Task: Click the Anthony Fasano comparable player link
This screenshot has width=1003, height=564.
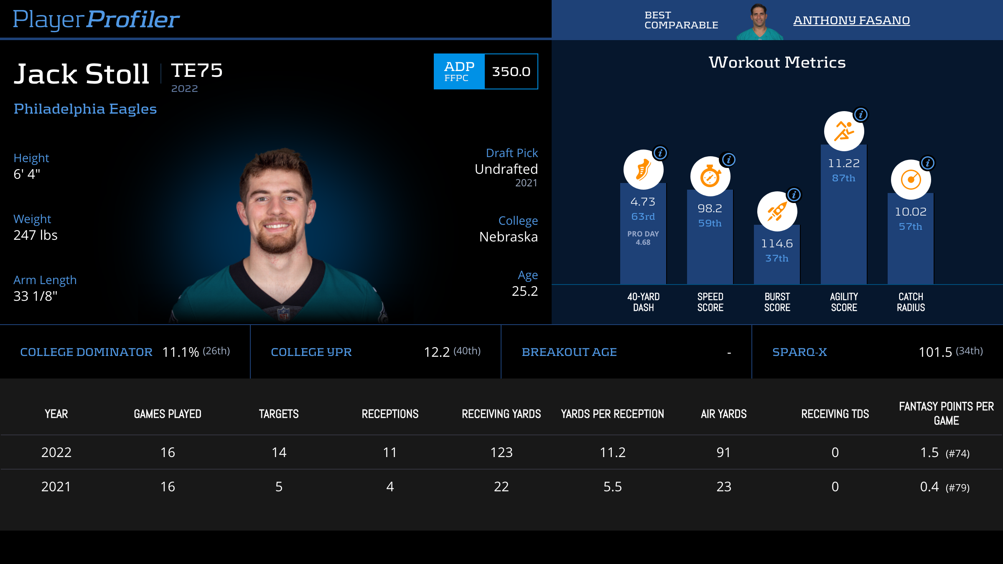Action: [x=851, y=20]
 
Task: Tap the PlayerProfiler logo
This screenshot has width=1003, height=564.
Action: [x=96, y=19]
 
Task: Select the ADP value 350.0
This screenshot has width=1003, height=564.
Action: [x=511, y=71]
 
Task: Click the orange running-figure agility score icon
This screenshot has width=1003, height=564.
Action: [x=844, y=131]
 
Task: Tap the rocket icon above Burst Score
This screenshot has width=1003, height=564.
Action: [x=777, y=211]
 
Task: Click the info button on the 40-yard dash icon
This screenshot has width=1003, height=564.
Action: [x=660, y=153]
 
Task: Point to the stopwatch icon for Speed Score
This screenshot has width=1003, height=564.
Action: [x=710, y=176]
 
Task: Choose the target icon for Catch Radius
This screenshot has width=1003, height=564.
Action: [x=911, y=180]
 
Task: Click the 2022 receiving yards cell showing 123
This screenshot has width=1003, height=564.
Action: [x=501, y=452]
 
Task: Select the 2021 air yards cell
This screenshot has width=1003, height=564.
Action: [x=723, y=487]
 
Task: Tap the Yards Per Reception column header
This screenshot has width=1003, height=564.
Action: [x=612, y=414]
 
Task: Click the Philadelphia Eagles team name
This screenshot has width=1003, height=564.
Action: [x=85, y=109]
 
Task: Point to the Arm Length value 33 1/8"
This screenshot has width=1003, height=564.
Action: [x=36, y=296]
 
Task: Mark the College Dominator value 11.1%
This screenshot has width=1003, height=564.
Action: [x=180, y=352]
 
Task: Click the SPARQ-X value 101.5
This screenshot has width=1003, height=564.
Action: [x=935, y=352]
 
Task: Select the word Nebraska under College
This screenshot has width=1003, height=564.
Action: [x=508, y=237]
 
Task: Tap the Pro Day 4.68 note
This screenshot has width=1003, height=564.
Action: [x=643, y=238]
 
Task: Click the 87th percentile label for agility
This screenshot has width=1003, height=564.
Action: [x=843, y=178]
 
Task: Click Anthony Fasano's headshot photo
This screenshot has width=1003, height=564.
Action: [x=759, y=21]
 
